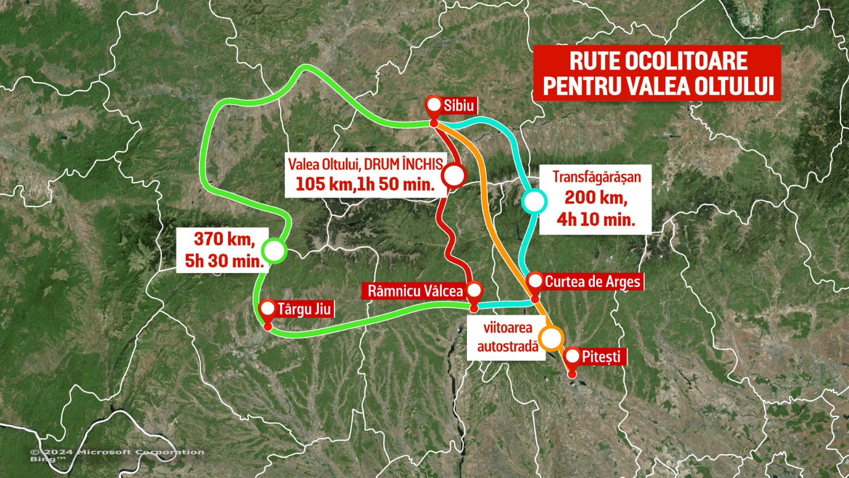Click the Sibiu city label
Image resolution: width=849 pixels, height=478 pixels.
tap(458, 106)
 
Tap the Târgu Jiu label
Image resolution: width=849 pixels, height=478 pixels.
tap(304, 309)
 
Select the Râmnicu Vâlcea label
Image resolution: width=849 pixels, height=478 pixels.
tap(415, 291)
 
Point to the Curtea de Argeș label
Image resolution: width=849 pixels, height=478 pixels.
tap(592, 281)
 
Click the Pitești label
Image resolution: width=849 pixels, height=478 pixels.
tap(601, 356)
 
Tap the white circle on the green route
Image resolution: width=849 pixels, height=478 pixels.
tap(274, 251)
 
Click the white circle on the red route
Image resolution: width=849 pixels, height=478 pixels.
tap(454, 176)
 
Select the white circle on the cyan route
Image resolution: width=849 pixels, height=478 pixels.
tap(534, 202)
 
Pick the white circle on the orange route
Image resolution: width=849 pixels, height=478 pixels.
tap(551, 337)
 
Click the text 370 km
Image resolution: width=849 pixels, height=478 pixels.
tap(224, 239)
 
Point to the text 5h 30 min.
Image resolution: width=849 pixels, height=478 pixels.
tap(224, 261)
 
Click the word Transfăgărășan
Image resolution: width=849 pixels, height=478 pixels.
tap(596, 177)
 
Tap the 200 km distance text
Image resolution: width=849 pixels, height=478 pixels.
tap(595, 198)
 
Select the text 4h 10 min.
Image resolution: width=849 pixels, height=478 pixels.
tap(595, 219)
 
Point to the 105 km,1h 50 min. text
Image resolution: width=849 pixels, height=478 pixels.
tap(365, 184)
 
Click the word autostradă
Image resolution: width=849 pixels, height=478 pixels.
tap(507, 347)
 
